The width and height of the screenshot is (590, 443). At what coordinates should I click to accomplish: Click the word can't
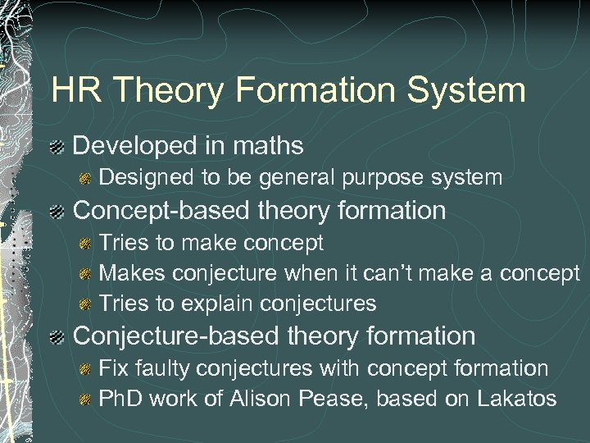(x=399, y=272)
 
